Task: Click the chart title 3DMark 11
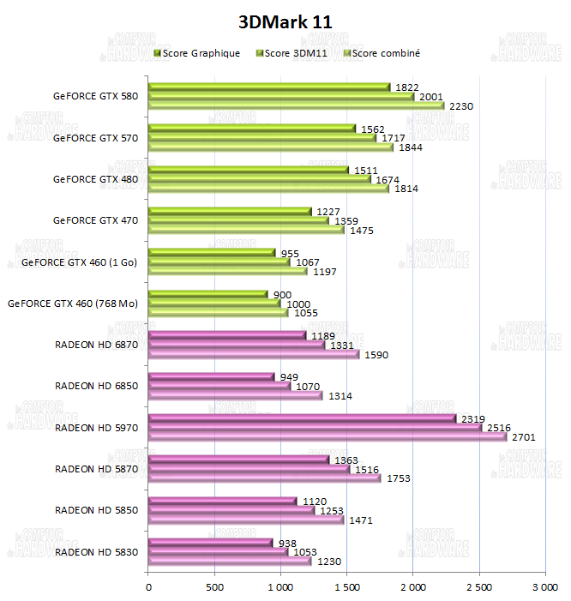(285, 21)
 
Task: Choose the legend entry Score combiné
(386, 53)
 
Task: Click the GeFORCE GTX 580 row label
(95, 96)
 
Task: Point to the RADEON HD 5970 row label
(96, 427)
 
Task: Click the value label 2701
(523, 436)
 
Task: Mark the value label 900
(282, 294)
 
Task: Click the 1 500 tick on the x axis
(346, 587)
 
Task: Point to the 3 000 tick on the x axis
(544, 587)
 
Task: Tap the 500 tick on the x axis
(214, 587)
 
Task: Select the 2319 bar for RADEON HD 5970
(302, 418)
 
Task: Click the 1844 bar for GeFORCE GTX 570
(270, 147)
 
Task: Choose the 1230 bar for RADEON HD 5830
(230, 561)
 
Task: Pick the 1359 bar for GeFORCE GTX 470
(238, 220)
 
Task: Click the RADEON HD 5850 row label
(96, 510)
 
